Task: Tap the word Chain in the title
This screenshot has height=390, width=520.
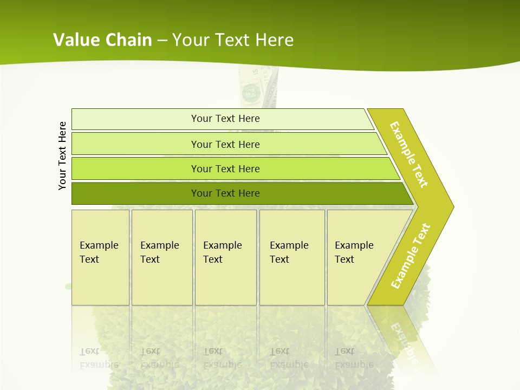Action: pyautogui.click(x=129, y=40)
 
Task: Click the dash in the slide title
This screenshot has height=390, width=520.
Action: pyautogui.click(x=162, y=40)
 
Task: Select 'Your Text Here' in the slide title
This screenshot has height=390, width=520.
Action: pyautogui.click(x=233, y=40)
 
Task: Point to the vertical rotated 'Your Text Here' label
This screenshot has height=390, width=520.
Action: pyautogui.click(x=62, y=156)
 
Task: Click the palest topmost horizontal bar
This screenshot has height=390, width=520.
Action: pyautogui.click(x=225, y=119)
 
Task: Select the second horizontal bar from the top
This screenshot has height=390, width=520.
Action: pyautogui.click(x=225, y=144)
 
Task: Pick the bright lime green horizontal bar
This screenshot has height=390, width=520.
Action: pyautogui.click(x=225, y=168)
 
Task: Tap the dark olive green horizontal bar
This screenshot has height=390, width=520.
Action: pyautogui.click(x=225, y=193)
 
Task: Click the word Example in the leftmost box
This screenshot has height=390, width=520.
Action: pyautogui.click(x=99, y=245)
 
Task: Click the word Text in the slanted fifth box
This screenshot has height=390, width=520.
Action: pyautogui.click(x=344, y=259)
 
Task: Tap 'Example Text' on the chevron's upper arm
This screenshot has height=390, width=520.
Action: pyautogui.click(x=409, y=154)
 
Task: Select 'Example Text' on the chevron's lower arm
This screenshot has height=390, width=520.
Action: pyautogui.click(x=411, y=256)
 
